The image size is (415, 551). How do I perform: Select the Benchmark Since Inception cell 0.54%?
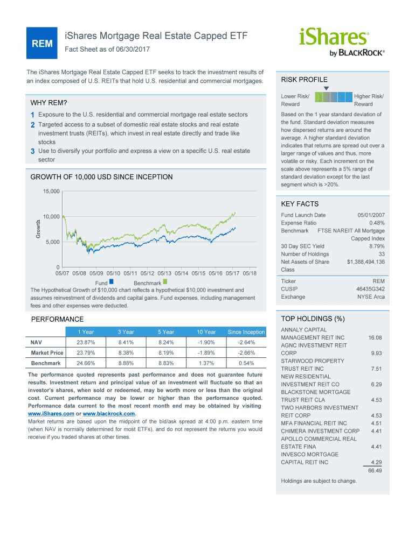pyautogui.click(x=246, y=363)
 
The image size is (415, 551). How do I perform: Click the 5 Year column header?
pyautogui.click(x=166, y=332)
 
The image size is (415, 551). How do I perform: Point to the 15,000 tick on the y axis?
pyautogui.click(x=52, y=192)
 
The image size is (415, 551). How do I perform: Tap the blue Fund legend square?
pyautogui.click(x=111, y=281)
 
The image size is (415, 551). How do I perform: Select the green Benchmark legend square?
pyautogui.click(x=165, y=281)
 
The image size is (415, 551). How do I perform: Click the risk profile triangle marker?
pyautogui.click(x=326, y=88)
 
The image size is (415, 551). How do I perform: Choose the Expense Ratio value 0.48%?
pyautogui.click(x=377, y=223)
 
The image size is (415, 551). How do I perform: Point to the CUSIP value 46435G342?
pyautogui.click(x=370, y=289)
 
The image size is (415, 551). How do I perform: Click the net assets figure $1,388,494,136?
pyautogui.click(x=365, y=262)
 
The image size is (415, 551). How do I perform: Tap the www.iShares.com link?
pyautogui.click(x=51, y=413)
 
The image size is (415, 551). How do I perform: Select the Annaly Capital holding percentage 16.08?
pyautogui.click(x=375, y=337)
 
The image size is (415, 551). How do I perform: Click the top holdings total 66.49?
pyautogui.click(x=375, y=470)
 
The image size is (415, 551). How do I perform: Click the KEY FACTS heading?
pyautogui.click(x=300, y=204)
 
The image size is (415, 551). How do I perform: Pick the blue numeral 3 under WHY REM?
pyautogui.click(x=33, y=151)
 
